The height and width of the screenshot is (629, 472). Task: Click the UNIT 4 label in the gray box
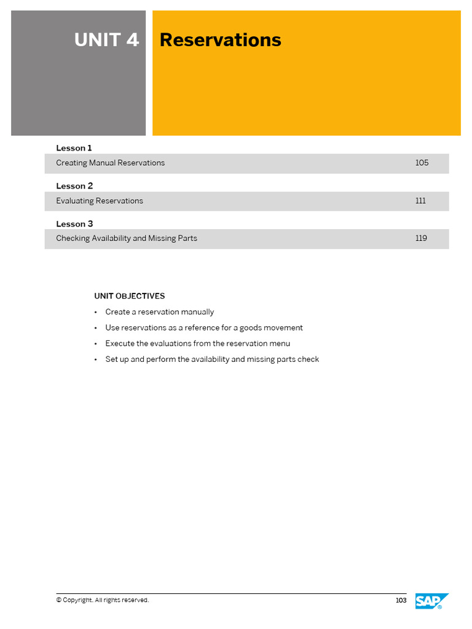coord(106,40)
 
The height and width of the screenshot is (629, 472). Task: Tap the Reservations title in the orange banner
coord(220,40)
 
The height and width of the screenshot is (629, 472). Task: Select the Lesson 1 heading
coord(74,148)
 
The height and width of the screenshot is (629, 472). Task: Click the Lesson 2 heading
coord(74,186)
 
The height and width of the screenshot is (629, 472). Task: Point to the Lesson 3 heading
coord(74,224)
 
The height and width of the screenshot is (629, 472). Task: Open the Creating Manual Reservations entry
coord(111,163)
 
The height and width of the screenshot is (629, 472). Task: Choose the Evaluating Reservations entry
coord(100,201)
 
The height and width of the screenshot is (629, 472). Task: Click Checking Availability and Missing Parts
coord(127,238)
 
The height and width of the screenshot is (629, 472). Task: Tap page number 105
coord(422,163)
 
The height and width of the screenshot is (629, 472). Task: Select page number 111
coord(420,201)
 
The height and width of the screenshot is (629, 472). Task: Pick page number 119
coord(421,238)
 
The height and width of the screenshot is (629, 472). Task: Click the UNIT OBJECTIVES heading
coord(129,296)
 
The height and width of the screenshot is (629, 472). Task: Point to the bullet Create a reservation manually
coord(160,312)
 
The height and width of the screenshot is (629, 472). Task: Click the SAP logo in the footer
coord(431,601)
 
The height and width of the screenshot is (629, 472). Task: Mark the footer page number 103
coord(401,600)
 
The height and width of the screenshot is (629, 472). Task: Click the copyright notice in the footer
coord(103,600)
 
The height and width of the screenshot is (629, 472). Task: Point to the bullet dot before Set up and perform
coord(96,360)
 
